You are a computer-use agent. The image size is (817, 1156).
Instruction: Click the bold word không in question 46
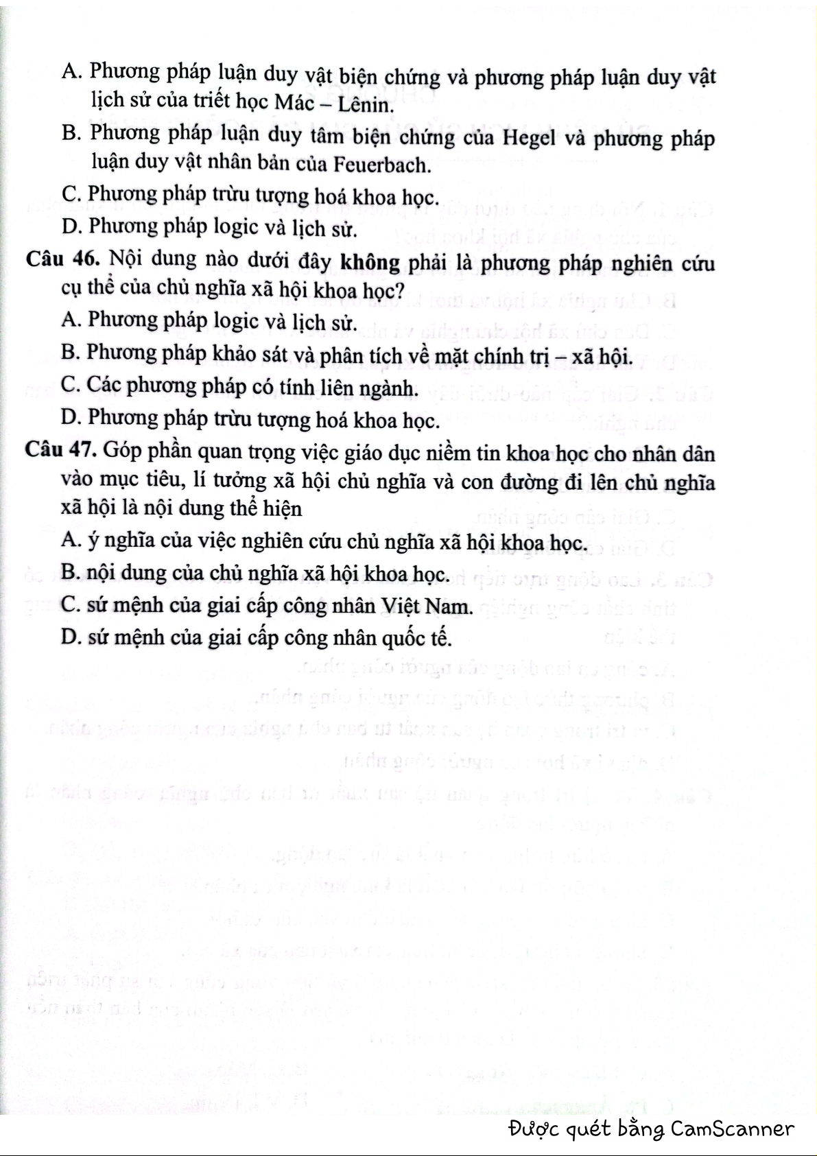point(370,261)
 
